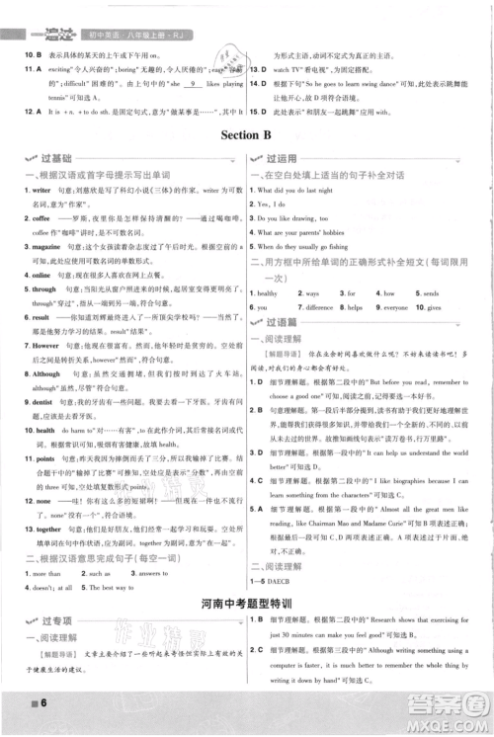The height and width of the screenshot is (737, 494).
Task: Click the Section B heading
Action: (246, 134)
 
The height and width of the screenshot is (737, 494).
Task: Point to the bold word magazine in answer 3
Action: (39, 269)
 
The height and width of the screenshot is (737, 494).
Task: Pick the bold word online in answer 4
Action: (34, 303)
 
